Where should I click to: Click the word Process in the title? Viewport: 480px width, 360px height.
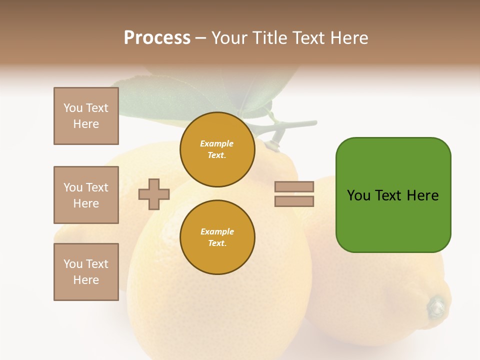157,38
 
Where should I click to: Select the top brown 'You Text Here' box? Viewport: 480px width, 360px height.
86,116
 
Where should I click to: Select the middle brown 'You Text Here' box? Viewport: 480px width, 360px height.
86,195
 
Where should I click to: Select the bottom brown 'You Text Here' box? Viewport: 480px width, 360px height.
86,272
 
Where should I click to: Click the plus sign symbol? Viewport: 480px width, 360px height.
154,194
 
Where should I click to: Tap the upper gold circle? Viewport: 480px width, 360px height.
217,149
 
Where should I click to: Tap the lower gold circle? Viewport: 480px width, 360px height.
217,237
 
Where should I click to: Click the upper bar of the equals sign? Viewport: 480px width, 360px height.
294,186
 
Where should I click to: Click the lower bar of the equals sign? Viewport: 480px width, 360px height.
294,201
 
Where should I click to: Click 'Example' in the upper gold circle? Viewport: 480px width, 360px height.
217,143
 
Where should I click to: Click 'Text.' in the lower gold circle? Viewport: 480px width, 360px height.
217,243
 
